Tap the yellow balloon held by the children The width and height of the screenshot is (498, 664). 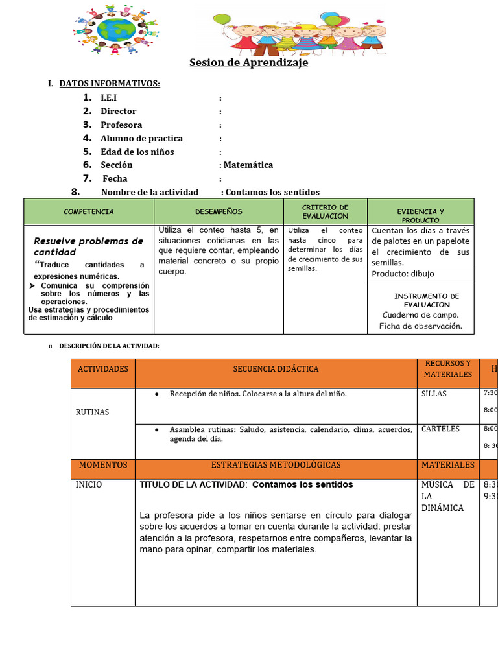335,21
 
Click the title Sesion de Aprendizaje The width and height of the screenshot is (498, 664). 248,63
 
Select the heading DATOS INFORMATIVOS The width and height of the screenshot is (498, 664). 109,84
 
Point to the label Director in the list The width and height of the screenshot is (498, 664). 118,112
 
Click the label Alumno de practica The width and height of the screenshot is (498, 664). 141,138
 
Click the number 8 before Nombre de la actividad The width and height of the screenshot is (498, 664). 75,192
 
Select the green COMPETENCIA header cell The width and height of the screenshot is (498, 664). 89,212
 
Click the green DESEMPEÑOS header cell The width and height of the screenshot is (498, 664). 219,212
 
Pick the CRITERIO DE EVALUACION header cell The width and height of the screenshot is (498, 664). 326,211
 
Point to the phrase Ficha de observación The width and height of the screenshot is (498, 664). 420,326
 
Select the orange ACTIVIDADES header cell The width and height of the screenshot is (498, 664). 103,369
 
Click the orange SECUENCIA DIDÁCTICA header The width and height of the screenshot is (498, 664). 276,369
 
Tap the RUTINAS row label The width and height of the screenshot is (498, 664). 92,412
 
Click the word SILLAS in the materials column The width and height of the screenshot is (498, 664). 434,394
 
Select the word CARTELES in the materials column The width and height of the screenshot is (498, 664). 440,429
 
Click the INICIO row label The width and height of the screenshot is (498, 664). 88,484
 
